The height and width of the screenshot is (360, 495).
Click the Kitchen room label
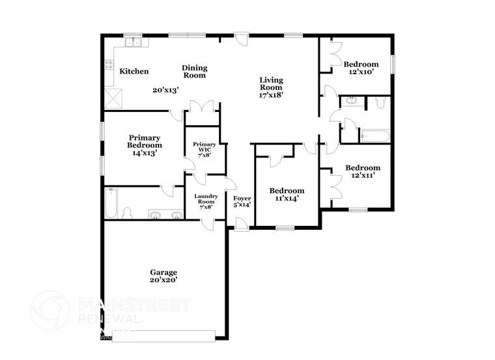(x=134, y=72)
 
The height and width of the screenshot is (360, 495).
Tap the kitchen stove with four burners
(x=109, y=65)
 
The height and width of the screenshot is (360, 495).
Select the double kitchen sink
(x=137, y=44)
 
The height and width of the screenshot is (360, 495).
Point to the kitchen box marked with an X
(x=115, y=98)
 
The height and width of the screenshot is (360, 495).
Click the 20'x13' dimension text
(x=165, y=90)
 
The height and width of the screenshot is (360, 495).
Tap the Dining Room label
(x=194, y=71)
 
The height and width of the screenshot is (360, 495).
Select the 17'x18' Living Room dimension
(x=271, y=94)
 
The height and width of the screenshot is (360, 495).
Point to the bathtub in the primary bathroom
(x=111, y=204)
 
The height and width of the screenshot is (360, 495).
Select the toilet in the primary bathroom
(x=128, y=213)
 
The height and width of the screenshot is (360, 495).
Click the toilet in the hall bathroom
(x=380, y=102)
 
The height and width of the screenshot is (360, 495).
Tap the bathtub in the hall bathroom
(x=374, y=136)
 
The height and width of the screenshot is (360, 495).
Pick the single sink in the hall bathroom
(x=350, y=101)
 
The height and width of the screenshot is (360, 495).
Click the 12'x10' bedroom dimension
(x=361, y=73)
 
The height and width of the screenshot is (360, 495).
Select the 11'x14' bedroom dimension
(x=287, y=199)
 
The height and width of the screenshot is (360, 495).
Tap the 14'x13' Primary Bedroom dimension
(x=144, y=153)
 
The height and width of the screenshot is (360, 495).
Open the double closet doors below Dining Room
(x=201, y=108)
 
